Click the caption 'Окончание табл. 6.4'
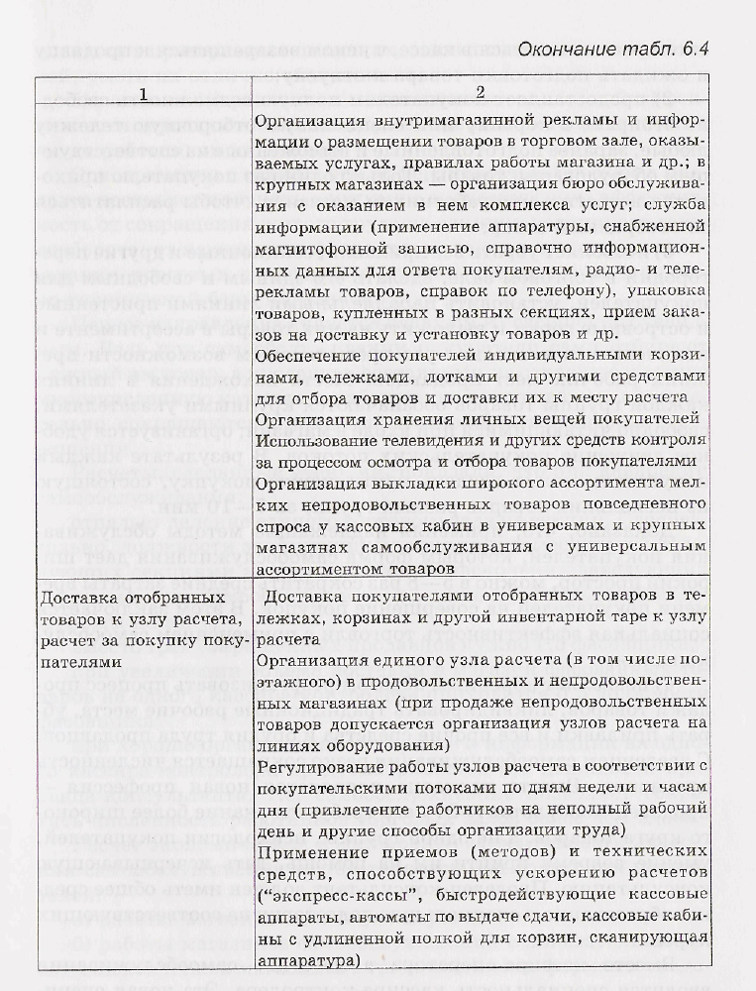pos(614,50)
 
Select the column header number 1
pos(144,94)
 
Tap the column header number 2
pos(480,94)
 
